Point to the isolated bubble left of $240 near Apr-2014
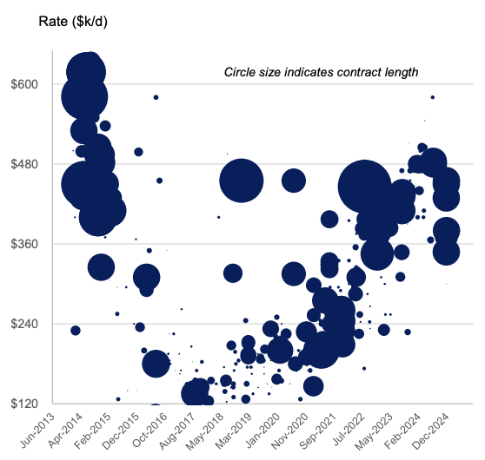(x=76, y=330)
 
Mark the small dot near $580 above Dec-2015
(x=156, y=97)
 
